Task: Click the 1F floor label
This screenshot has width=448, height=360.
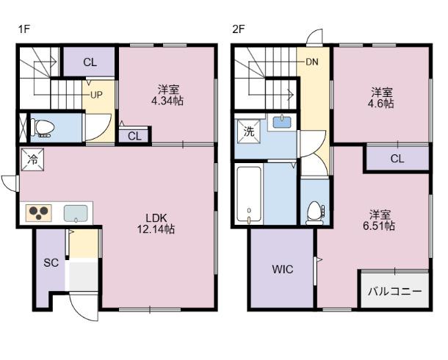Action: tap(24, 29)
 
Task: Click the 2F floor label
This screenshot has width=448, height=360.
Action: tap(239, 29)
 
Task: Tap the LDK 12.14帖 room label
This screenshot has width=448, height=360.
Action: tap(156, 223)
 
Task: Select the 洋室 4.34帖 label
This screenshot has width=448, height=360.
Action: tap(167, 96)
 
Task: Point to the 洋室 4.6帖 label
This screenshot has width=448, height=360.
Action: tap(381, 98)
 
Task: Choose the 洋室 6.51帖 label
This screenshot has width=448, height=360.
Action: tap(379, 220)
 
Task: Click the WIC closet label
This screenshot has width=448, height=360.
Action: tap(283, 269)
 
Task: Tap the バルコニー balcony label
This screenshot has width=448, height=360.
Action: tap(395, 292)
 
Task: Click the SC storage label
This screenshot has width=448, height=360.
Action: tap(51, 262)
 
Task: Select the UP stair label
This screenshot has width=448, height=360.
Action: tap(96, 95)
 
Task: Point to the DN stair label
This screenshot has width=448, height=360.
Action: tap(312, 62)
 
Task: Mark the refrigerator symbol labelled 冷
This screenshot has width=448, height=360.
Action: tap(33, 159)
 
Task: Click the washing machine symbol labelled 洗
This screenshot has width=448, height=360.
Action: tap(248, 131)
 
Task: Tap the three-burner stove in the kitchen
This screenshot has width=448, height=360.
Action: tap(39, 213)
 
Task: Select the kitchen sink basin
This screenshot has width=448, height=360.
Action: tap(76, 213)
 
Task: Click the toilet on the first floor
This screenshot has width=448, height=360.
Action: tap(43, 127)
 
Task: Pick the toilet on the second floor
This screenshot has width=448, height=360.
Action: tap(315, 213)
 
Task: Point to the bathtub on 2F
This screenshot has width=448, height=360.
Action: tap(249, 194)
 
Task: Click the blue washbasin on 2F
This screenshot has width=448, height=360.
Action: tap(282, 122)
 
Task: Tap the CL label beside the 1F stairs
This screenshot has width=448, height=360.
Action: tap(90, 62)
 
